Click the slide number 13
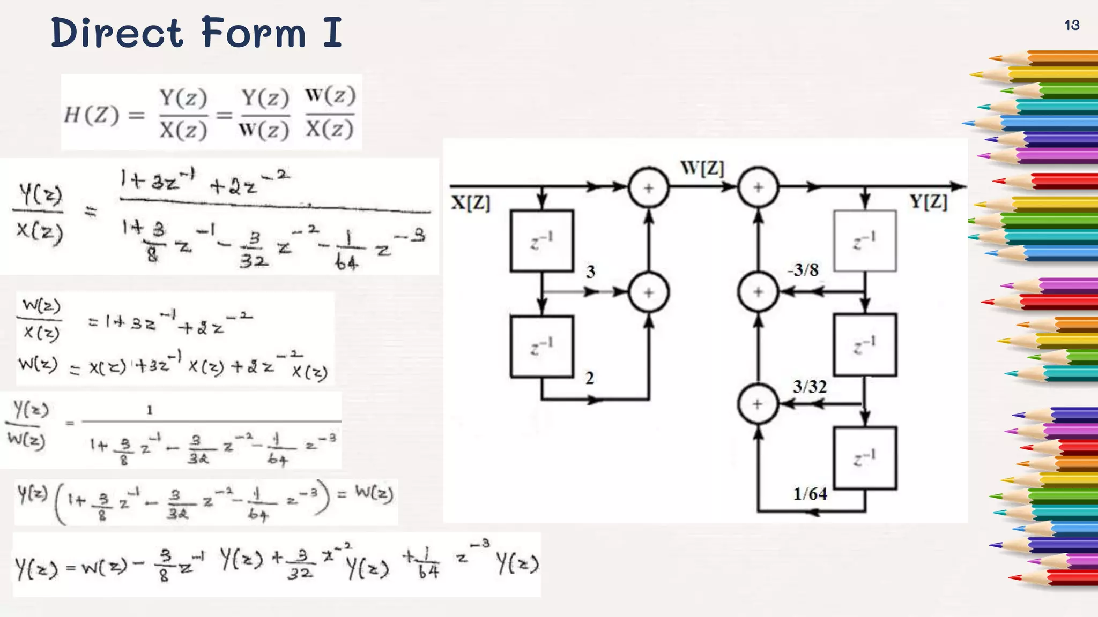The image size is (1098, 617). [x=1072, y=25]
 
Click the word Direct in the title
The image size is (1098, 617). [x=117, y=33]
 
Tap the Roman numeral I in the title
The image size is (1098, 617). [x=332, y=33]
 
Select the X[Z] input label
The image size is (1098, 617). [x=471, y=203]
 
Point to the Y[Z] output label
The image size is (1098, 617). [x=929, y=202]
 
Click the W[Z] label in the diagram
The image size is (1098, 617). [x=702, y=168]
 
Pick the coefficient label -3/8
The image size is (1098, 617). [x=803, y=270]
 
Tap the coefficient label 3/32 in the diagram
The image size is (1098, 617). [x=810, y=386]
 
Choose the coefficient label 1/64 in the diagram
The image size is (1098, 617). [x=810, y=494]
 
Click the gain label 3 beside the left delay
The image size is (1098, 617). [x=590, y=272]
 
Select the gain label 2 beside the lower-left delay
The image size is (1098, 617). [x=590, y=378]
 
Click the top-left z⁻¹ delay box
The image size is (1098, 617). [x=542, y=241]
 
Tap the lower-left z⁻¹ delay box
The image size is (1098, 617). [x=542, y=347]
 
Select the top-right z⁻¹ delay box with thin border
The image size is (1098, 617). [x=865, y=240]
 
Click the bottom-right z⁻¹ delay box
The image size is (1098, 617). [x=865, y=458]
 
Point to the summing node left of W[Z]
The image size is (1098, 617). [x=649, y=187]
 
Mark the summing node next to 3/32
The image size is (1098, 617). [x=758, y=404]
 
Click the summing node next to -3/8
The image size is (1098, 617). [x=758, y=292]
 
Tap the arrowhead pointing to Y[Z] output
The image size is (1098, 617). [x=958, y=186]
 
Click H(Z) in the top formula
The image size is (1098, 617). [x=91, y=115]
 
